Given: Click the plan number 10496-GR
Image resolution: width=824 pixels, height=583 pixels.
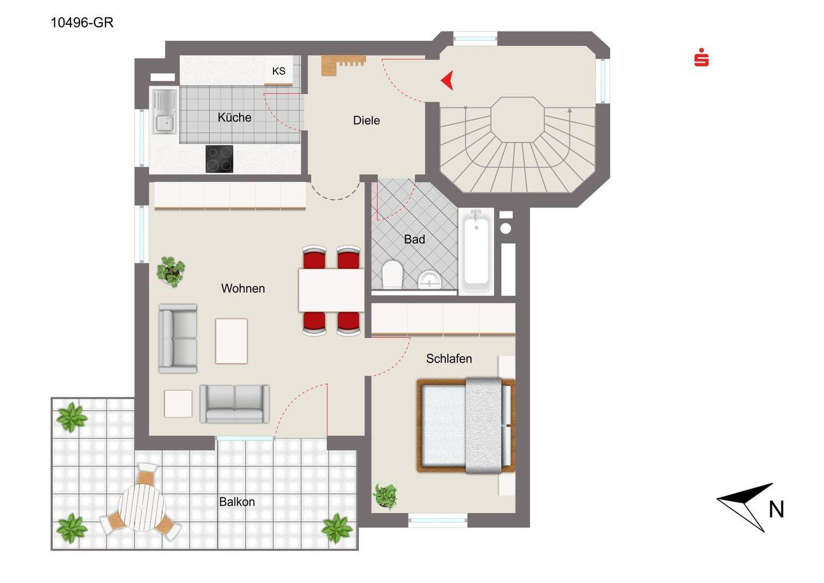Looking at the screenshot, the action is click(82, 23).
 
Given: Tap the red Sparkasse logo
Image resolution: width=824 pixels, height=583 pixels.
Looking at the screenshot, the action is click(701, 57).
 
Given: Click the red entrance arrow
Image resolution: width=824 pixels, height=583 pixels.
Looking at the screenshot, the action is click(447, 80).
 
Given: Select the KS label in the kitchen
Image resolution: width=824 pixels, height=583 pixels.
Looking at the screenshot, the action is click(279, 71).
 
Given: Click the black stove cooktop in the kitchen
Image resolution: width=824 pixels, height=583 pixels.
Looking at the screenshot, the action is click(219, 159).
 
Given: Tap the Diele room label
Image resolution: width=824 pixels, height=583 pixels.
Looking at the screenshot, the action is click(366, 120).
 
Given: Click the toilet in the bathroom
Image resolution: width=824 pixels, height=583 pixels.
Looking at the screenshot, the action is click(392, 274).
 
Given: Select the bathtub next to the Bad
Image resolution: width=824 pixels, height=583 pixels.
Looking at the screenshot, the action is click(476, 252).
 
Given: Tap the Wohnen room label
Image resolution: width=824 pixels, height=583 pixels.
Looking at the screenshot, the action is click(243, 288).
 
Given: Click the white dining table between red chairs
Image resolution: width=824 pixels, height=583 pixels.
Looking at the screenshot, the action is click(331, 290).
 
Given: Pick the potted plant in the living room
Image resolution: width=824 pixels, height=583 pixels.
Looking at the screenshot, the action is click(171, 271).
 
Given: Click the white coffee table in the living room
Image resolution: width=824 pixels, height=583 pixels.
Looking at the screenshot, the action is click(231, 341).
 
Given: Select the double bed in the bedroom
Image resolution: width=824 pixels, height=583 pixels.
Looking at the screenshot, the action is click(466, 425).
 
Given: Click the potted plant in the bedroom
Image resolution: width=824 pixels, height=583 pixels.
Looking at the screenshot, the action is click(385, 496).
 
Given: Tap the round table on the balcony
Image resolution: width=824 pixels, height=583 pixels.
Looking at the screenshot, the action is click(142, 507).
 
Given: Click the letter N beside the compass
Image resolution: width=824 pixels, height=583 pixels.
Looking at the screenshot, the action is click(776, 509).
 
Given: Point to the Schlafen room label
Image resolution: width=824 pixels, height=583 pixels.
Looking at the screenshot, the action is click(449, 359).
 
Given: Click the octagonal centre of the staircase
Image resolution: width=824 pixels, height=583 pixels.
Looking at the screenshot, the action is click(517, 120).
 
